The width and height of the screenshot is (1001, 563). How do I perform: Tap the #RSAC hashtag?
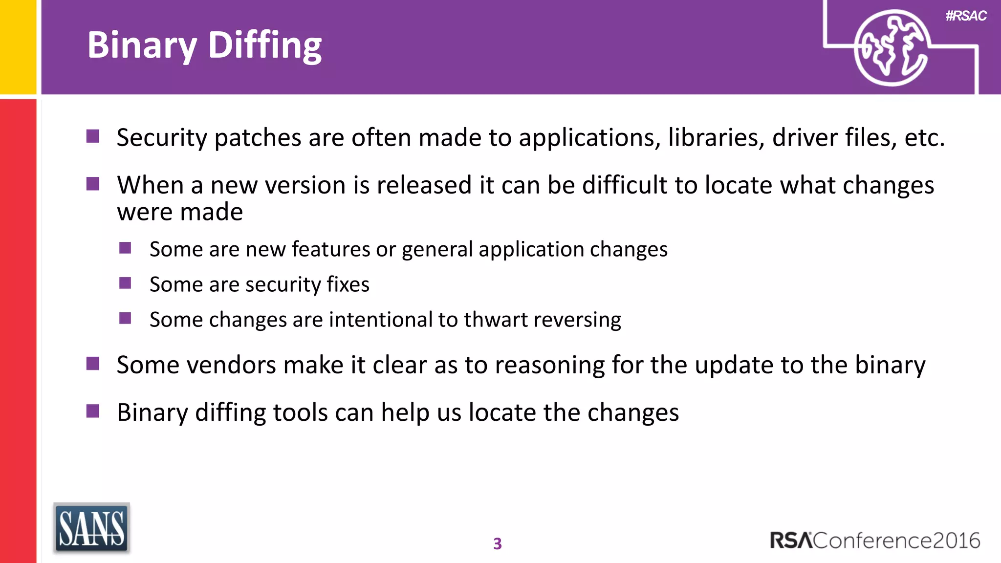click(x=966, y=16)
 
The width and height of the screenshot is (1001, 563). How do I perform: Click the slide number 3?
click(x=497, y=543)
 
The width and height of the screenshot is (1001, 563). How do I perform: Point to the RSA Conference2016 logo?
click(x=874, y=541)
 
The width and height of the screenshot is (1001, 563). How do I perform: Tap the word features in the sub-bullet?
click(x=331, y=249)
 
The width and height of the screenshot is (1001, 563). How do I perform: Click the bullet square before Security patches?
click(x=93, y=136)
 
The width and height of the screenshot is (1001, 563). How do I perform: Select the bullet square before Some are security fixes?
click(x=125, y=283)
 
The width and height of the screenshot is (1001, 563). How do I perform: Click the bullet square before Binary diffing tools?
click(x=93, y=411)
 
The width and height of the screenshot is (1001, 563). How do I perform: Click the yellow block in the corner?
click(x=18, y=46)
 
